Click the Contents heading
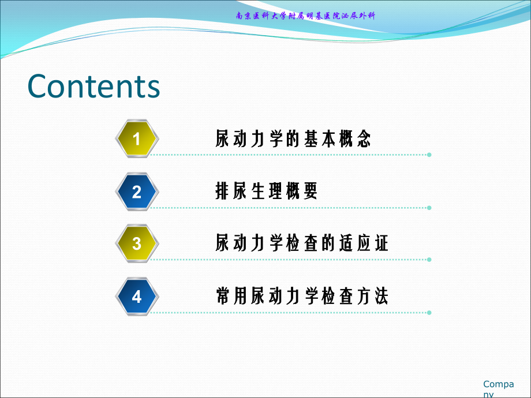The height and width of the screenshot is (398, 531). point(94,87)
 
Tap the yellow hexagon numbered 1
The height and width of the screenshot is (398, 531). point(137,138)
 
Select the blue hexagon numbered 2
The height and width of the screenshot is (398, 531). point(137,192)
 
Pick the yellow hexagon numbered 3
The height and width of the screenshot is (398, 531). point(137,243)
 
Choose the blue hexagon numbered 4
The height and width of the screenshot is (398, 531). point(137,296)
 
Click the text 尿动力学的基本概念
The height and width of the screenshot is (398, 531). point(293,138)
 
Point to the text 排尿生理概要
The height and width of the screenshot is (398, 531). point(267,190)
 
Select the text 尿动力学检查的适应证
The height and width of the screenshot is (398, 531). point(302,243)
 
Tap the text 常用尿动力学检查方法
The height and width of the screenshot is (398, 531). point(302,296)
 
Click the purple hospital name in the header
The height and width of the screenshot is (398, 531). point(305,16)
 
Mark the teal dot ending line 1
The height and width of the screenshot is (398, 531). point(429,155)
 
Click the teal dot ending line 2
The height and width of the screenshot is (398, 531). point(429,208)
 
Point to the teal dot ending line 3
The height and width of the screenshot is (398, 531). point(429,260)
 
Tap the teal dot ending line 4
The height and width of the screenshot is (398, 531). point(429,313)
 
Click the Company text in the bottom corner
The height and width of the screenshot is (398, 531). point(498,389)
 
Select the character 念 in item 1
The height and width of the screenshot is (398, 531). point(364,138)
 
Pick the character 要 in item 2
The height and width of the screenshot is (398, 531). point(310,190)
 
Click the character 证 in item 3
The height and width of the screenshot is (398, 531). point(381,243)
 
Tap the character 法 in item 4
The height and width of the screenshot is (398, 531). point(381,296)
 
